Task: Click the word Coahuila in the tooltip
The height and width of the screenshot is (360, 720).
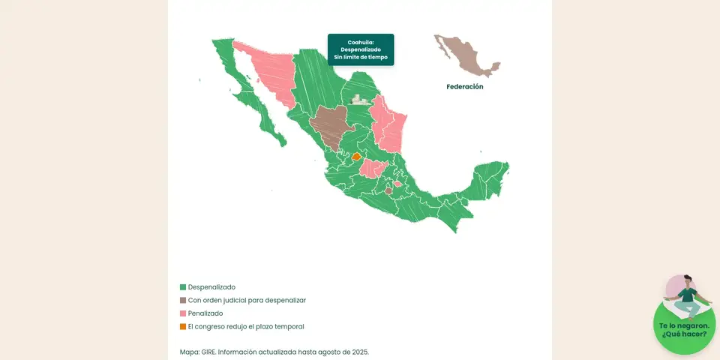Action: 360,42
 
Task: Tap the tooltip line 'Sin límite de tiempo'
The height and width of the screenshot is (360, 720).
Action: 360,57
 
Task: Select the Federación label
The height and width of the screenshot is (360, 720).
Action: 464,87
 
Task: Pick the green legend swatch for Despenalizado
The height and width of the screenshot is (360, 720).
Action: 183,287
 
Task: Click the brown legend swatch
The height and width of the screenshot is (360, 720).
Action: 183,300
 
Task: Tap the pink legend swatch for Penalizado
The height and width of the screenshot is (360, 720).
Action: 183,313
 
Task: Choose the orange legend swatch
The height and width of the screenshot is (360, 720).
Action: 183,326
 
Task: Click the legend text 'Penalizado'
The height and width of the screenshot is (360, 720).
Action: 205,313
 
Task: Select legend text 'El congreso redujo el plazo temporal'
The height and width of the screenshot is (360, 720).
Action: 246,326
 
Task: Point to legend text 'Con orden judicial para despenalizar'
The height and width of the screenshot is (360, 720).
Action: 247,300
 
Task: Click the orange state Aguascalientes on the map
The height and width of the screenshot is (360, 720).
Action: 356,157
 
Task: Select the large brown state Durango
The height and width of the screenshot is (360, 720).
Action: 328,124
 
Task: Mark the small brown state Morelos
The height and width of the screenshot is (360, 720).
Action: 388,190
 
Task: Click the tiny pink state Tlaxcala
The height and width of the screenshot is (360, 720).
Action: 397,183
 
